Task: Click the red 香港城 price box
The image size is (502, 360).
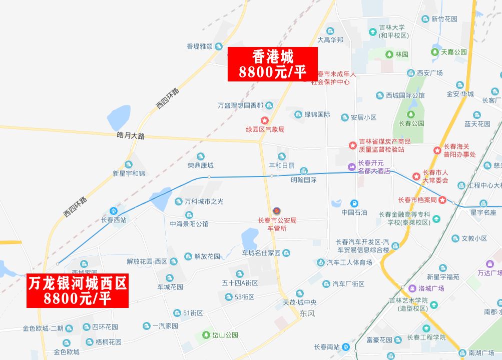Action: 272,64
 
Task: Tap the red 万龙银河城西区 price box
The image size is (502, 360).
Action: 77,291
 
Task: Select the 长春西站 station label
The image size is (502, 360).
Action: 114,219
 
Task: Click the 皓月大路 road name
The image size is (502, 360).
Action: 131,135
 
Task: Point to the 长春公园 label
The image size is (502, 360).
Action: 411,123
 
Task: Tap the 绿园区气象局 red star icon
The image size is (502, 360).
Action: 265,120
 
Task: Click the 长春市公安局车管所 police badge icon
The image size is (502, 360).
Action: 277,210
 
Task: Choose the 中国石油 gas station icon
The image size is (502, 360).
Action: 354,203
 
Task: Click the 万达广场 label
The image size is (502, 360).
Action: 489,273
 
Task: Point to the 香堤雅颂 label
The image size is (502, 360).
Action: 200,46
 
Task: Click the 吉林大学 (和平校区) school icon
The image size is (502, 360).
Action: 372,32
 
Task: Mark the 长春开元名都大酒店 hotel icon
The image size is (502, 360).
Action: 352,166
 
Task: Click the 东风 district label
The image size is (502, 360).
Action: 307,313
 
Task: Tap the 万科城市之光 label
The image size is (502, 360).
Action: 204,201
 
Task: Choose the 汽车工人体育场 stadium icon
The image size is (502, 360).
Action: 320,262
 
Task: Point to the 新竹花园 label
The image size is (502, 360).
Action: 444,19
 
